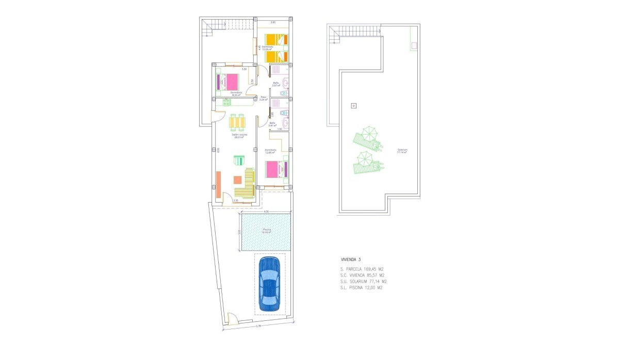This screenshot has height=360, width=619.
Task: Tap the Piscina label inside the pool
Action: click(266, 231)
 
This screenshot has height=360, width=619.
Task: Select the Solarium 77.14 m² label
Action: click(402, 151)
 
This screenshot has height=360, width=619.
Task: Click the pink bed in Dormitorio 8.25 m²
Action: click(229, 82)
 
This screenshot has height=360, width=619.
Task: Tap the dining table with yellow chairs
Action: click(238, 122)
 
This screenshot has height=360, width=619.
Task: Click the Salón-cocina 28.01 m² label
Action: click(240, 136)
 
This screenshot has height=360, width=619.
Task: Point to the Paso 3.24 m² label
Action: click(264, 98)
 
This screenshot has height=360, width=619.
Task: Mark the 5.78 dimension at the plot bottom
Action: click(258, 326)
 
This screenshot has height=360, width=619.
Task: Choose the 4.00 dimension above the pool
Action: click(266, 212)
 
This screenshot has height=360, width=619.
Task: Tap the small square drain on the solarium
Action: click(353, 106)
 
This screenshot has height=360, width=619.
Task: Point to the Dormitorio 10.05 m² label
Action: click(267, 48)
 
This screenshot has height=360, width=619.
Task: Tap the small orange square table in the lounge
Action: click(238, 180)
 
